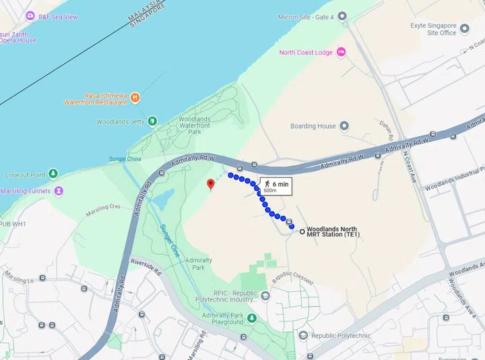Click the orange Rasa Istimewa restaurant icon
coord(135,98)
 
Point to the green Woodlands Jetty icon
coord(152,121)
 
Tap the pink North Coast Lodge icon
coord(342,53)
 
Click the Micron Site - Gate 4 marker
coord(342,16)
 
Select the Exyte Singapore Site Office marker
coord(465,29)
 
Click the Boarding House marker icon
coord(344,126)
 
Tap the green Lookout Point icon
coord(53,174)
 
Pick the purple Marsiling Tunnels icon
coord(59,191)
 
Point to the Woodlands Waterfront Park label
coord(195,125)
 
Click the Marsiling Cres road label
coord(102,210)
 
